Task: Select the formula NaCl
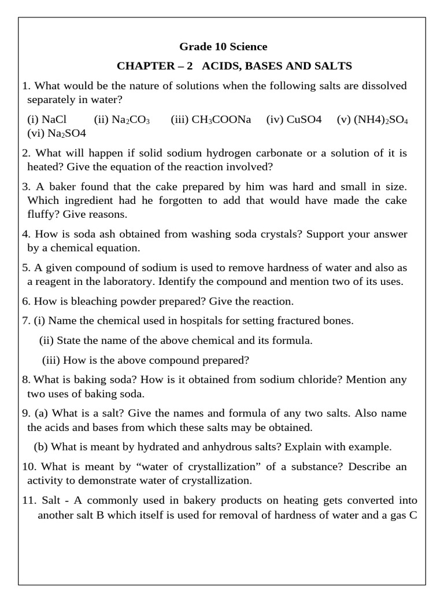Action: (54, 119)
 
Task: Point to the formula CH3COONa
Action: (221, 119)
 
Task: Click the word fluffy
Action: (43, 214)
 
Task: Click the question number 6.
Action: (26, 301)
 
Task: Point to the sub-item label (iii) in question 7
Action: (51, 360)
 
